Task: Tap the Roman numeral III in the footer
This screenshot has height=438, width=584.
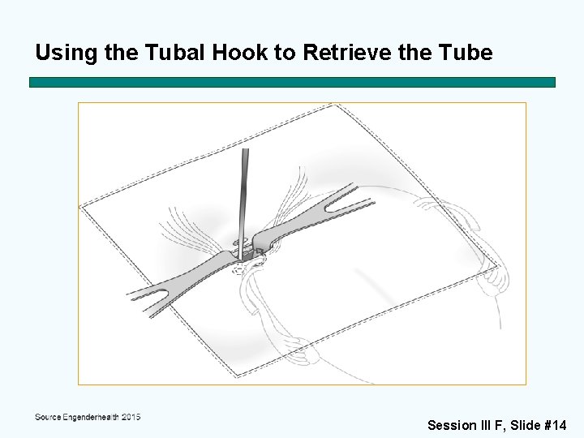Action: (488, 425)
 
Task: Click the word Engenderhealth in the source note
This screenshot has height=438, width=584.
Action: (89, 417)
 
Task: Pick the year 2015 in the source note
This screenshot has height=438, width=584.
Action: (130, 417)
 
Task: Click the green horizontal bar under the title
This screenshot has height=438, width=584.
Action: (292, 82)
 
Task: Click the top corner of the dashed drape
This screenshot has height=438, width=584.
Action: (333, 105)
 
